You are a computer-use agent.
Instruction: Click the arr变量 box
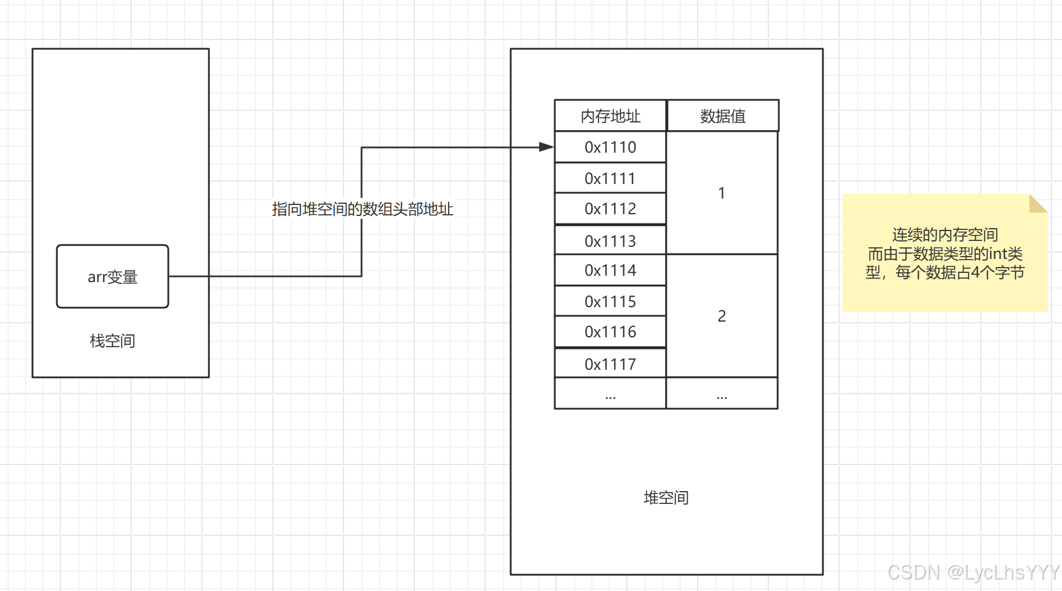click(x=113, y=276)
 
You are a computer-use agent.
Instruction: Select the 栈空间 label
click(x=113, y=341)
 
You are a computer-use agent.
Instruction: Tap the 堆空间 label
click(x=666, y=498)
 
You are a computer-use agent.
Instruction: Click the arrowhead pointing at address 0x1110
click(x=546, y=147)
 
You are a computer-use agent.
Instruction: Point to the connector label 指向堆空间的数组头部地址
click(x=362, y=209)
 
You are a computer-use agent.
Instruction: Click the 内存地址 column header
click(x=611, y=116)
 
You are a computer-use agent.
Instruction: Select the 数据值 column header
click(x=723, y=116)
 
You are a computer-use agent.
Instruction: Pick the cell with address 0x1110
click(x=611, y=147)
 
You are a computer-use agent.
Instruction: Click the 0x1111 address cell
click(x=611, y=178)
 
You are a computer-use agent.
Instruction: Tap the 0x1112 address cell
click(x=611, y=209)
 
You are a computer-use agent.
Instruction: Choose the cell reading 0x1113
click(x=611, y=241)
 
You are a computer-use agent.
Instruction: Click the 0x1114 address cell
click(x=611, y=271)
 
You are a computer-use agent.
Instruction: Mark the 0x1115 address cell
click(x=611, y=301)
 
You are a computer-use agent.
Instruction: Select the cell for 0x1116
click(x=611, y=332)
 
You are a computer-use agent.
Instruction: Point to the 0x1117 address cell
click(x=611, y=364)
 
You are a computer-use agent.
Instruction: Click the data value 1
click(x=721, y=193)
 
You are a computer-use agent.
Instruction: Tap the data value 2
click(x=721, y=316)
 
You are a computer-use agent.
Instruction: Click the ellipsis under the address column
click(x=611, y=395)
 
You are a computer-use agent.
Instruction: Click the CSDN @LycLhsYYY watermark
click(x=973, y=572)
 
